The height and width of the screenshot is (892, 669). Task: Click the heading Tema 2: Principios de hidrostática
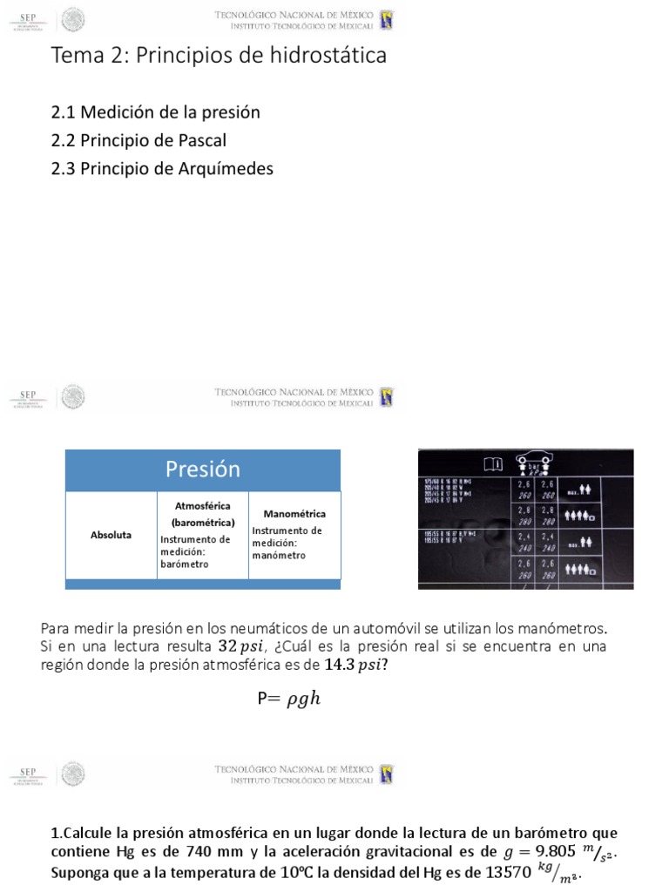[x=219, y=56]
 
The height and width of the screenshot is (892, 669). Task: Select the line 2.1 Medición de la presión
[x=155, y=112]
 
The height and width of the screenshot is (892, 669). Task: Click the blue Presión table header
[x=202, y=470]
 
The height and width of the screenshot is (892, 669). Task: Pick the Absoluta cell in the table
[x=111, y=535]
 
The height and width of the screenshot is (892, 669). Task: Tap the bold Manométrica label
[x=294, y=514]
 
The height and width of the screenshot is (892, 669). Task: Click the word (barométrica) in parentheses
[x=203, y=523]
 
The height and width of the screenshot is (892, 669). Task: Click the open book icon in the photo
[x=492, y=463]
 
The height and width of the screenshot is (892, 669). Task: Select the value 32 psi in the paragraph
[x=237, y=646]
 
